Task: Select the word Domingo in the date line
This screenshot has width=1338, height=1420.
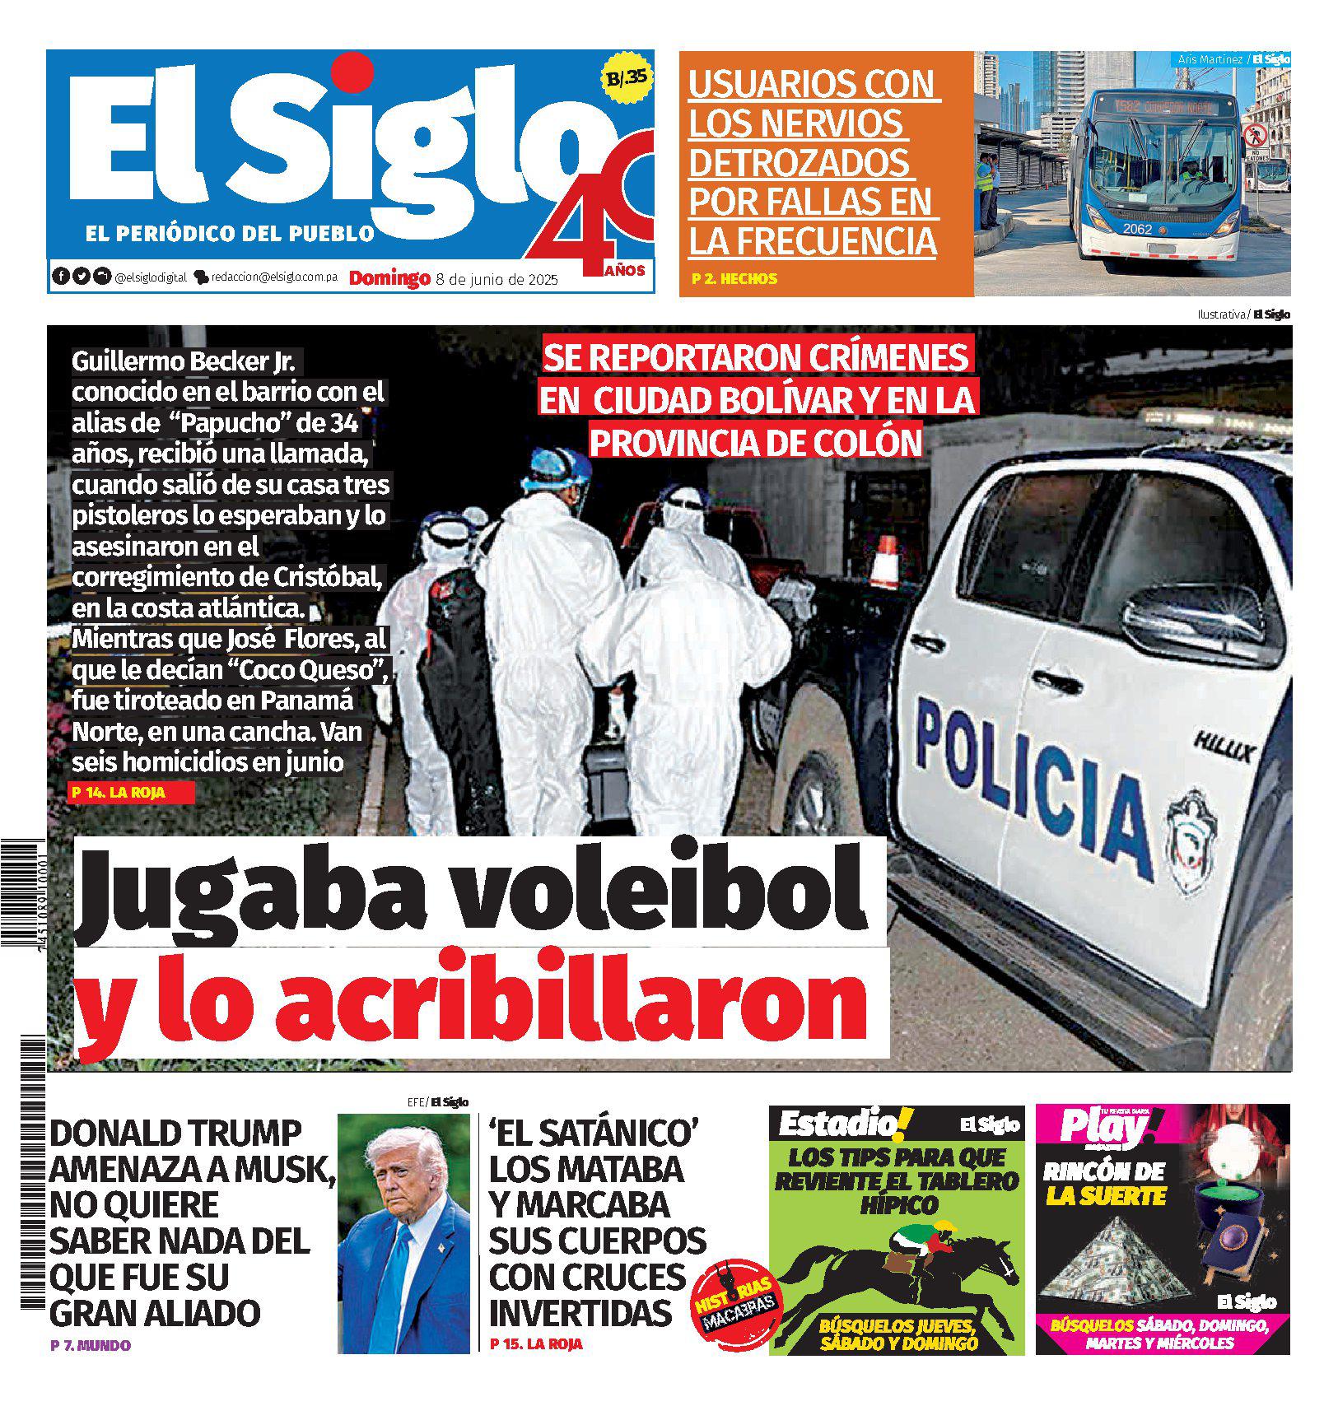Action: [x=389, y=278]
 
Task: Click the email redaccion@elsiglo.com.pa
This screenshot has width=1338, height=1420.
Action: [x=274, y=278]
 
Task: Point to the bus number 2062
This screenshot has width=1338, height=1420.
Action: [x=1137, y=229]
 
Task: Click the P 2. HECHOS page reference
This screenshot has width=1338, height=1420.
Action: [x=735, y=279]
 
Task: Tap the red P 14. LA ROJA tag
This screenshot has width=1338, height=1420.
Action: [x=133, y=793]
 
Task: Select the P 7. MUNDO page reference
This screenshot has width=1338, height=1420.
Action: [x=91, y=1346]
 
